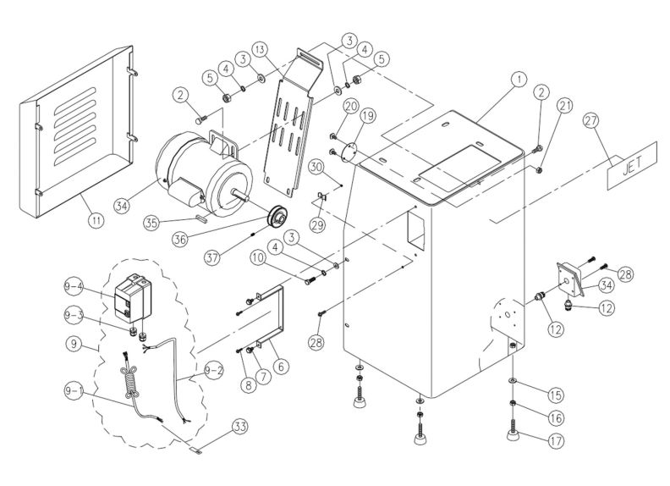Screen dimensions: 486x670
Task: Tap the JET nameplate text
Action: (633, 167)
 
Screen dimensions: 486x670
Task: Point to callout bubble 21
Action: (566, 106)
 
